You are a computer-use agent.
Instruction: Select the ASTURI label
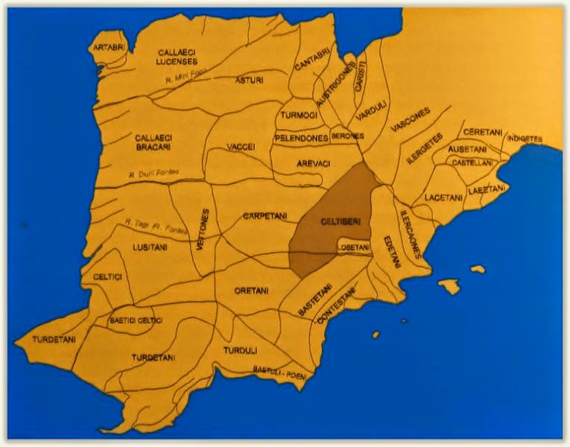[x=249, y=80]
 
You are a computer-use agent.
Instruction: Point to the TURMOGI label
[x=300, y=115]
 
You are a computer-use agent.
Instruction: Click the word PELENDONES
[x=302, y=138]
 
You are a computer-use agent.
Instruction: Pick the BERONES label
[x=346, y=136]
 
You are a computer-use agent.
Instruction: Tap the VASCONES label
[x=411, y=120]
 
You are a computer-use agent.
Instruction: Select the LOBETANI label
[x=353, y=247]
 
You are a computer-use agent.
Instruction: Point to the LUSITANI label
[x=150, y=247]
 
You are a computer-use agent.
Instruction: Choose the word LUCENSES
[x=176, y=62]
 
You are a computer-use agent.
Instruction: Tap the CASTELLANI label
[x=472, y=162]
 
